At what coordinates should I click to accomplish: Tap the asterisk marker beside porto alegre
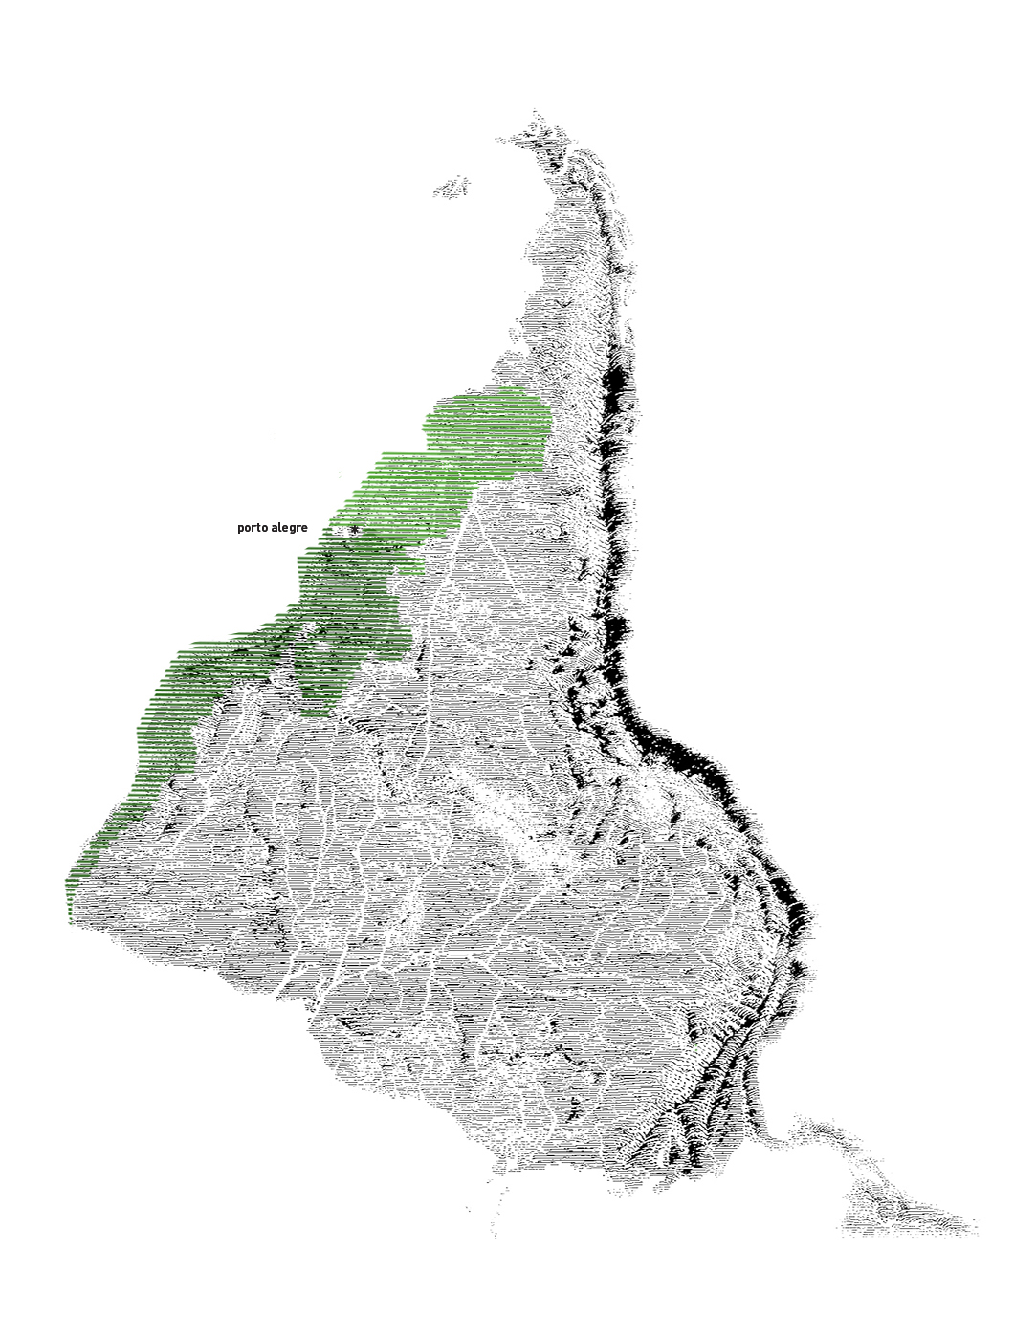click(x=355, y=529)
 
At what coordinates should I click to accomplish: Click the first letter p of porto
click(x=241, y=529)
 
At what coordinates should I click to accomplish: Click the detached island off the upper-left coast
click(x=452, y=187)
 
